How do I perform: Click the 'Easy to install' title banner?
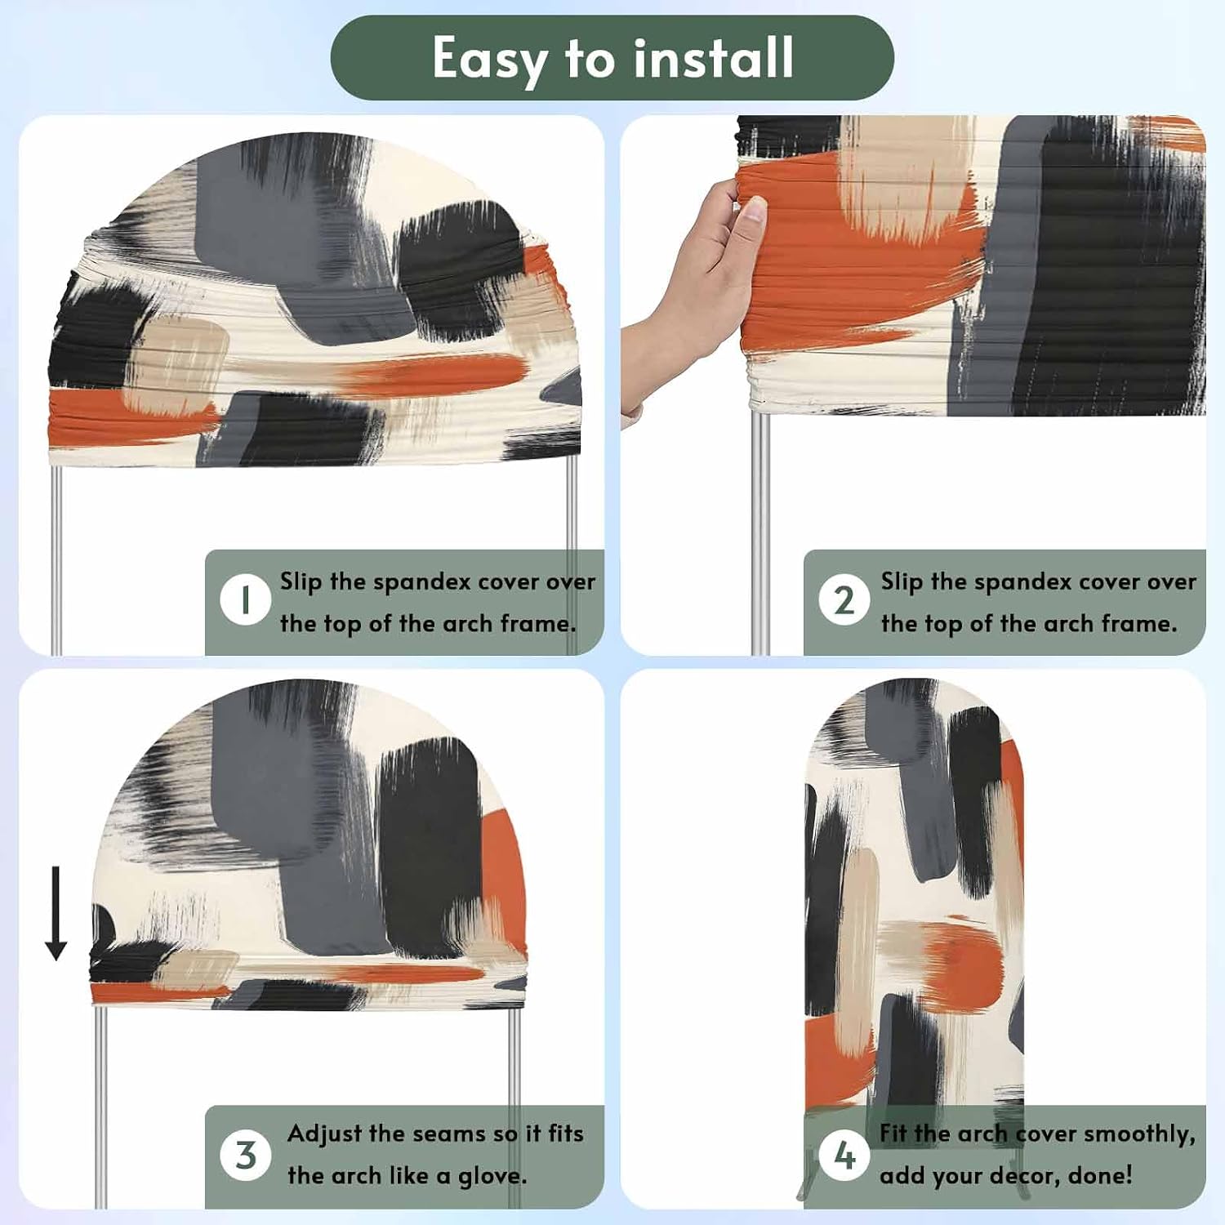612,58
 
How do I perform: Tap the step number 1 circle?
245,600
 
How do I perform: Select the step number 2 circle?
844,600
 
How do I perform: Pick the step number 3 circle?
245,1155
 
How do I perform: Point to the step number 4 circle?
844,1155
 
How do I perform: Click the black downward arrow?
56,913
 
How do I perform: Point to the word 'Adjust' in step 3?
324,1134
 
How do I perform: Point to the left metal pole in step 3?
100,1107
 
